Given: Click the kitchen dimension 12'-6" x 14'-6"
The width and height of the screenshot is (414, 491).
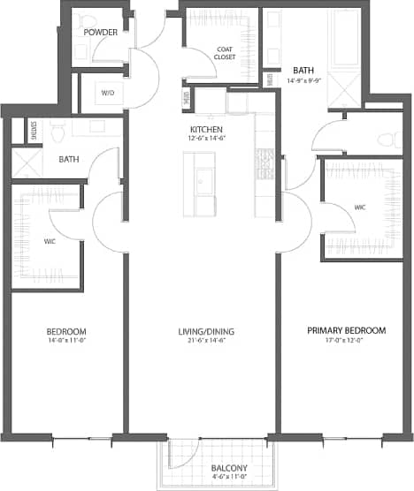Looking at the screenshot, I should (x=207, y=138).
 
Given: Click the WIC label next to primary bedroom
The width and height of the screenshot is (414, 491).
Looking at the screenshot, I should (x=360, y=208).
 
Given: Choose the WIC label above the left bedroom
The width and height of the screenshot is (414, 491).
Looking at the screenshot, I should (x=50, y=239).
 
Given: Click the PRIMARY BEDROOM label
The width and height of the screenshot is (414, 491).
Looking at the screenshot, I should (x=346, y=330).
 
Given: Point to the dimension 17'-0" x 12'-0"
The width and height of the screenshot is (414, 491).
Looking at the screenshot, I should (x=346, y=341).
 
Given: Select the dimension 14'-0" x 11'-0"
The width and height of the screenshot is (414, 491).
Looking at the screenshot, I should (x=65, y=342).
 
